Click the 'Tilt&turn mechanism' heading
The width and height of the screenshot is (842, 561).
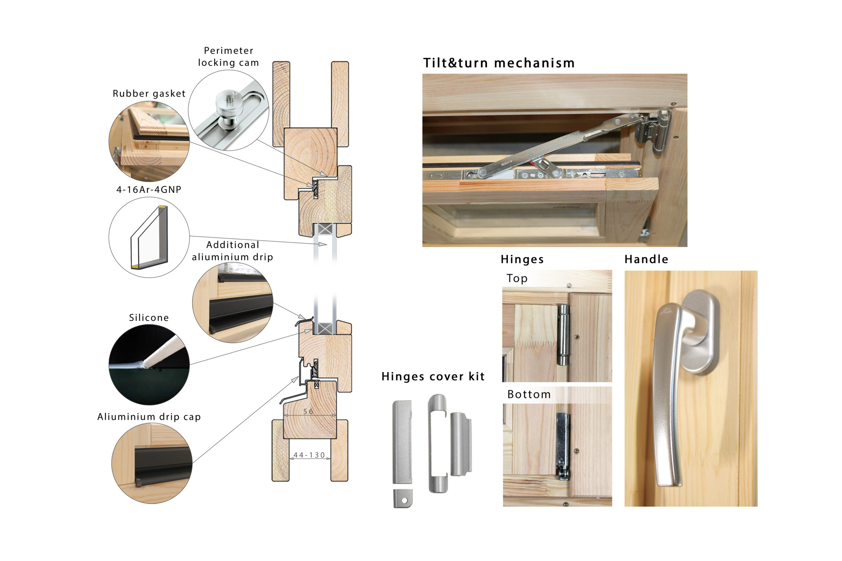tap(499, 63)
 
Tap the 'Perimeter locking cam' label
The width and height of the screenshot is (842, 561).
tap(228, 57)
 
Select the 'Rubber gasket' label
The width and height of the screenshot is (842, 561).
tap(149, 93)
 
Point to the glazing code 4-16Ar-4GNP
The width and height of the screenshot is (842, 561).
tap(149, 189)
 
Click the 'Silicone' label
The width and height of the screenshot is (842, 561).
tap(149, 317)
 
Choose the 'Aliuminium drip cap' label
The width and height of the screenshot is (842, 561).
tap(149, 416)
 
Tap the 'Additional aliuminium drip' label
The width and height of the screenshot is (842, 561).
tap(233, 251)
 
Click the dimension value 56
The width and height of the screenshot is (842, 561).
tap(308, 411)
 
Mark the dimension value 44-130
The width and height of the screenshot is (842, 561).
tap(309, 455)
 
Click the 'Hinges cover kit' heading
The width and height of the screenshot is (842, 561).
tap(433, 376)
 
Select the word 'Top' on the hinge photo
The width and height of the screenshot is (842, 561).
tap(517, 278)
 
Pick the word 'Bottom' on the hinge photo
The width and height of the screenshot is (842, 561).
tap(529, 394)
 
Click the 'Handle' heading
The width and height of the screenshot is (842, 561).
tap(646, 259)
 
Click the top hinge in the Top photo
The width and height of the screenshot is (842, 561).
tap(563, 335)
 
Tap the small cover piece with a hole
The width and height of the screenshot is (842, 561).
tap(403, 498)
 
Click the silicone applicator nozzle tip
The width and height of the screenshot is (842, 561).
tap(145, 364)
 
